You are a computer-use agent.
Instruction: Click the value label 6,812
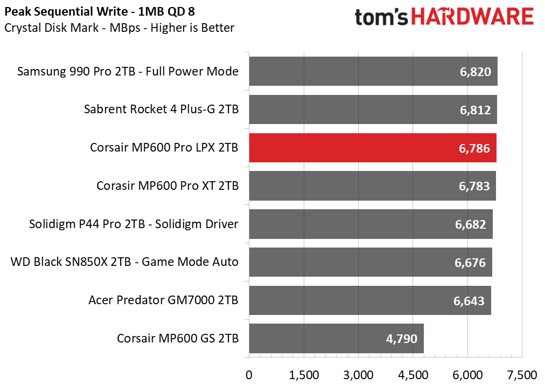475,110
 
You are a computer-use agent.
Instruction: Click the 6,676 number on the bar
470,263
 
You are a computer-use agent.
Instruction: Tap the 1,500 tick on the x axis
304,375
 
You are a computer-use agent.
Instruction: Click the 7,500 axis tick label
522,375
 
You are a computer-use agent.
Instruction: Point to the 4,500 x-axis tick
413,375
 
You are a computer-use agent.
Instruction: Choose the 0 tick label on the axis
249,375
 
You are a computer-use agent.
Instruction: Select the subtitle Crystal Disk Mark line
119,28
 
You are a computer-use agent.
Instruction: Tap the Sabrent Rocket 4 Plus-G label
161,109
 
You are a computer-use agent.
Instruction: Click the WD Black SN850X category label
124,262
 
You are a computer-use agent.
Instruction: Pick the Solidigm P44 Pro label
134,224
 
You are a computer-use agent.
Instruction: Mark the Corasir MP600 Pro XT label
167,186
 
